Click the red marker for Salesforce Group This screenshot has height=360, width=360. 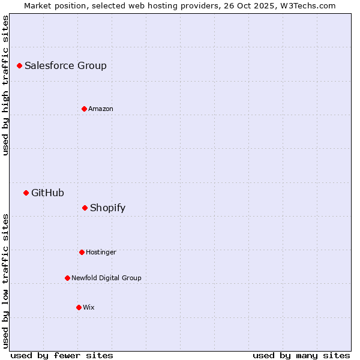tap(19, 65)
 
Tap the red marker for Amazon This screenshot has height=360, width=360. tap(84, 109)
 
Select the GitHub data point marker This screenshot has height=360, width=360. tap(26, 193)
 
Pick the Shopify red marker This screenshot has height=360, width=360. tap(85, 208)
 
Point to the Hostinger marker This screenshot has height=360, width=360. tap(82, 252)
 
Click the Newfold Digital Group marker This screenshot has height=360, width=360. tap(67, 278)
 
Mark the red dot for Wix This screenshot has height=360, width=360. tap(79, 307)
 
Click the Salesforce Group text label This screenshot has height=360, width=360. tap(65, 65)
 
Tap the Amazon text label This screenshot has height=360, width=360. tap(101, 109)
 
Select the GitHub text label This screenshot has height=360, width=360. tap(47, 193)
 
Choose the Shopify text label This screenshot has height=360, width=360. tap(107, 208)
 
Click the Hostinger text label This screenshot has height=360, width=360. tap(101, 252)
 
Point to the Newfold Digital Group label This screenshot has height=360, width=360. tap(106, 278)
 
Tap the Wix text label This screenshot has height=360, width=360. tap(89, 307)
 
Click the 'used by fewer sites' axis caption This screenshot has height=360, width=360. tap(62, 355)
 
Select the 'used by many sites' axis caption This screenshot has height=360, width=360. tap(301, 355)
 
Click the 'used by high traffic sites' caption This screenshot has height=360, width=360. tap(5, 85)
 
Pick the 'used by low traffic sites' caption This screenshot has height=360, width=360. tap(5, 280)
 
